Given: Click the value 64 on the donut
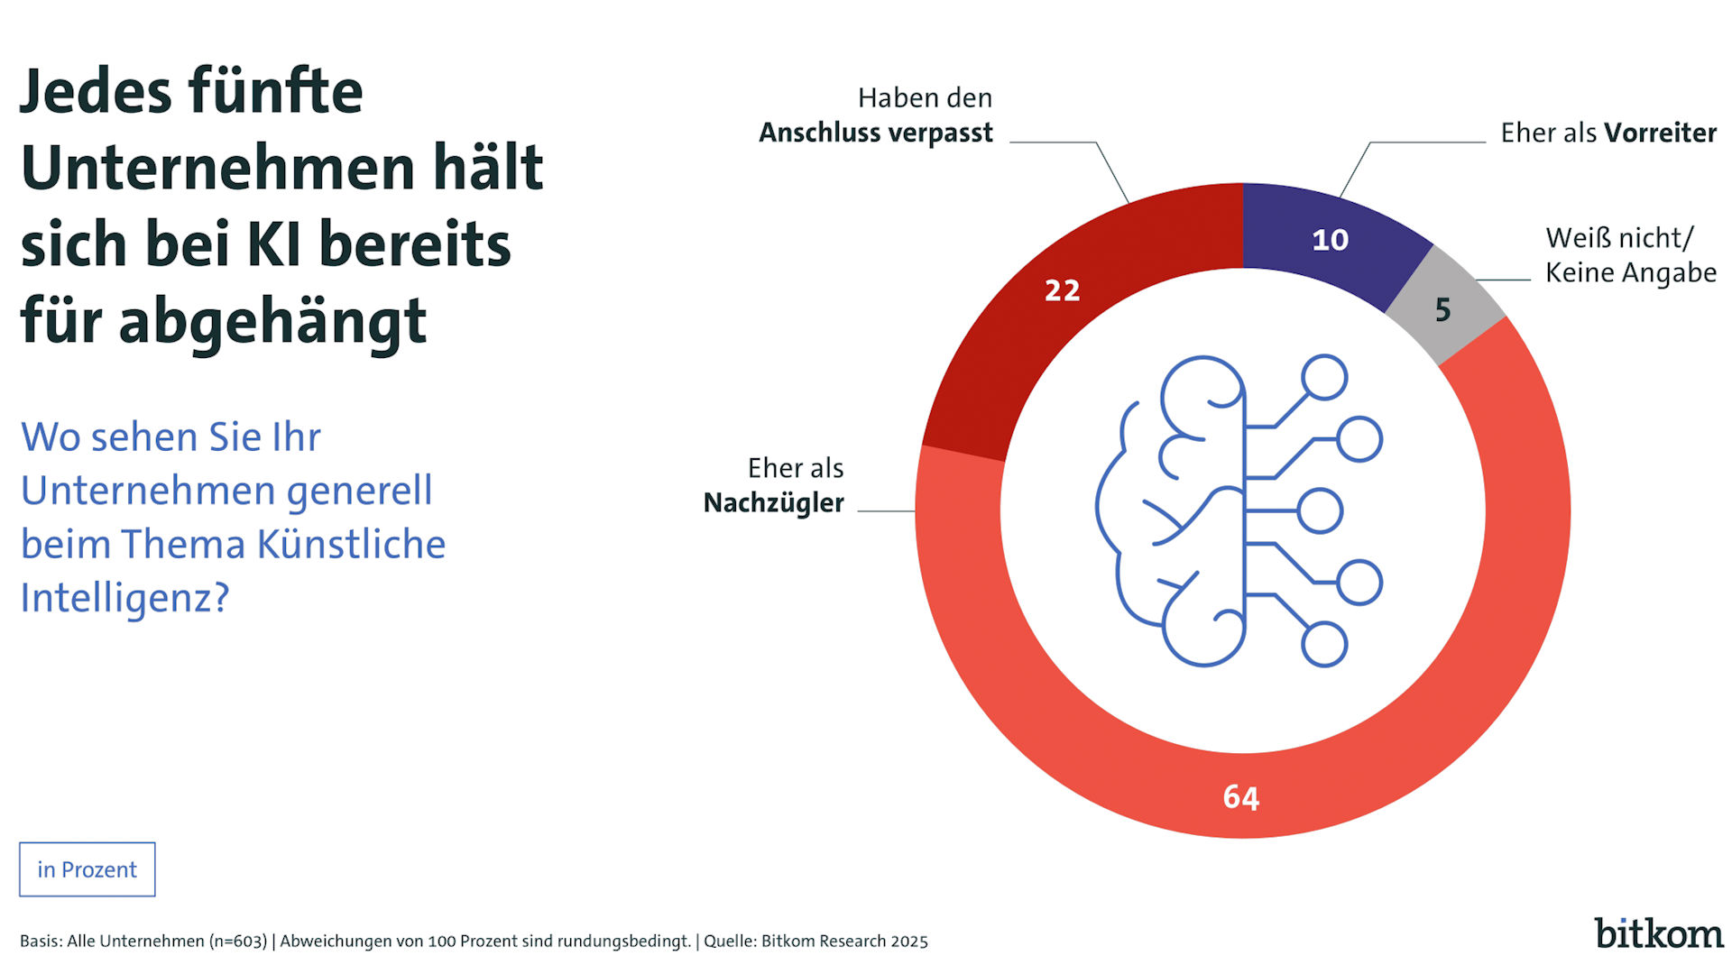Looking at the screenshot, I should (1240, 797).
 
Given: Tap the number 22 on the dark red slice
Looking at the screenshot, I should (1062, 290).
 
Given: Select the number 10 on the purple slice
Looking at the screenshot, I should (1330, 240).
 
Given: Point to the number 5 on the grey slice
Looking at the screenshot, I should (1442, 310).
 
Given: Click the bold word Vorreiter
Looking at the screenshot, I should (1660, 133).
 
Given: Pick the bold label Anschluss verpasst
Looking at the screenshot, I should (875, 133).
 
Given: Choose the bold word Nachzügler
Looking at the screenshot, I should (773, 502).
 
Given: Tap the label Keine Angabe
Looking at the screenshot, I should (1630, 272).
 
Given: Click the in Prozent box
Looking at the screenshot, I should (87, 869).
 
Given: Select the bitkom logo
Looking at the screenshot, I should (1658, 933).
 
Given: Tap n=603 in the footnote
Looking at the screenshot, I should (238, 942).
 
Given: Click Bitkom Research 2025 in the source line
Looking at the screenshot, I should (844, 942).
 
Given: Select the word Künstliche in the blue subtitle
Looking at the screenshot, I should (351, 545).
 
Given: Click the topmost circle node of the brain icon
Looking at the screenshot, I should (1324, 377).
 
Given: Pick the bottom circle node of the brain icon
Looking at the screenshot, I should (1324, 645).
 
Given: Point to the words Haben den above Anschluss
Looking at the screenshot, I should (925, 97).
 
